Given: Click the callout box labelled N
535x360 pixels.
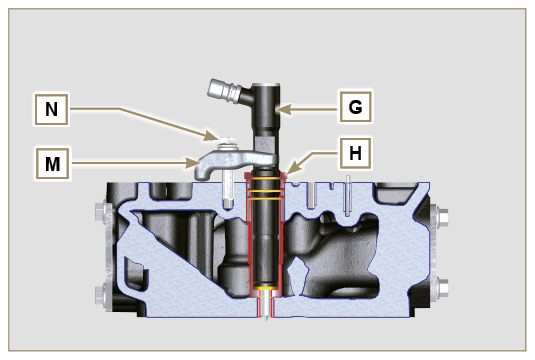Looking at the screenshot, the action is click(x=52, y=110).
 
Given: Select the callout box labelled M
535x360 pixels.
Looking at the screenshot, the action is click(x=53, y=163).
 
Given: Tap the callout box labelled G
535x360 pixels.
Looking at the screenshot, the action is click(x=356, y=107).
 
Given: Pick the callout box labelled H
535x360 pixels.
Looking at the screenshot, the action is click(x=355, y=153).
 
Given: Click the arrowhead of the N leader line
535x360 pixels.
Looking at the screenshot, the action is click(x=211, y=136).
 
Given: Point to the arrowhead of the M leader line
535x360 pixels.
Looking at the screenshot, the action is click(x=192, y=163).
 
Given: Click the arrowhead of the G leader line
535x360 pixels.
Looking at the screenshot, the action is click(x=284, y=110).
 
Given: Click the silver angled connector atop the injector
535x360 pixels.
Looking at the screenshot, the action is click(x=225, y=90).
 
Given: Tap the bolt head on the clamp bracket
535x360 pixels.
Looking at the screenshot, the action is click(x=227, y=143).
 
